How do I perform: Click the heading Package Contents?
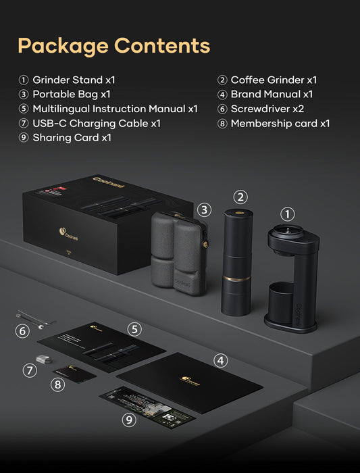[113, 45]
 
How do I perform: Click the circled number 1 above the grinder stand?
[288, 214]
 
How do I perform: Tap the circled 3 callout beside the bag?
[205, 209]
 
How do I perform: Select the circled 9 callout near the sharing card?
[128, 420]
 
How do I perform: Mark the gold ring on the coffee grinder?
[238, 278]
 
